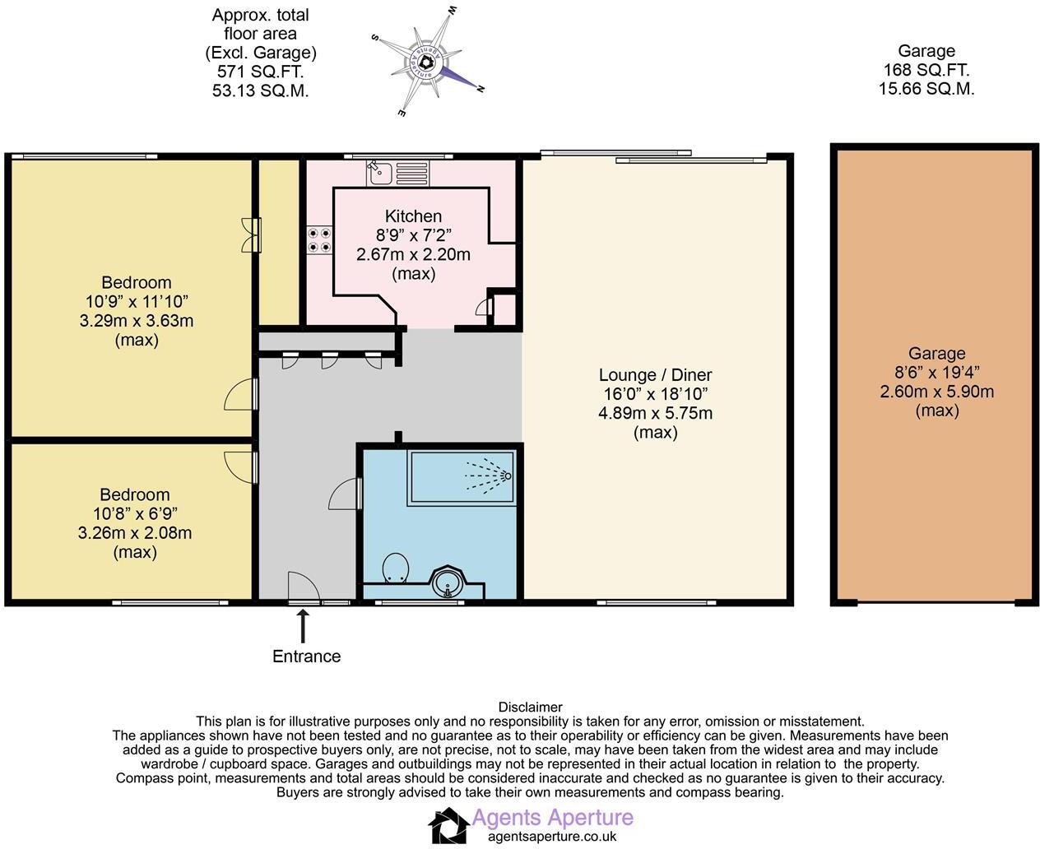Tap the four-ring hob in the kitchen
[319, 239]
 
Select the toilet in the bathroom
[397, 567]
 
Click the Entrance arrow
[303, 625]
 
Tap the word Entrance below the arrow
[306, 656]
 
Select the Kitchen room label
[413, 216]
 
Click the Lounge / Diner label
[655, 375]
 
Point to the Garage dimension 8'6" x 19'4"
[936, 373]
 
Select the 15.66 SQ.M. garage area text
[926, 89]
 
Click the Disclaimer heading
[530, 707]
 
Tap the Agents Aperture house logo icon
[448, 825]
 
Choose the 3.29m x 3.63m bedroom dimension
[136, 321]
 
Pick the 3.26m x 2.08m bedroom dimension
[135, 532]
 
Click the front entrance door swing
[303, 587]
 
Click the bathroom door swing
[346, 495]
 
